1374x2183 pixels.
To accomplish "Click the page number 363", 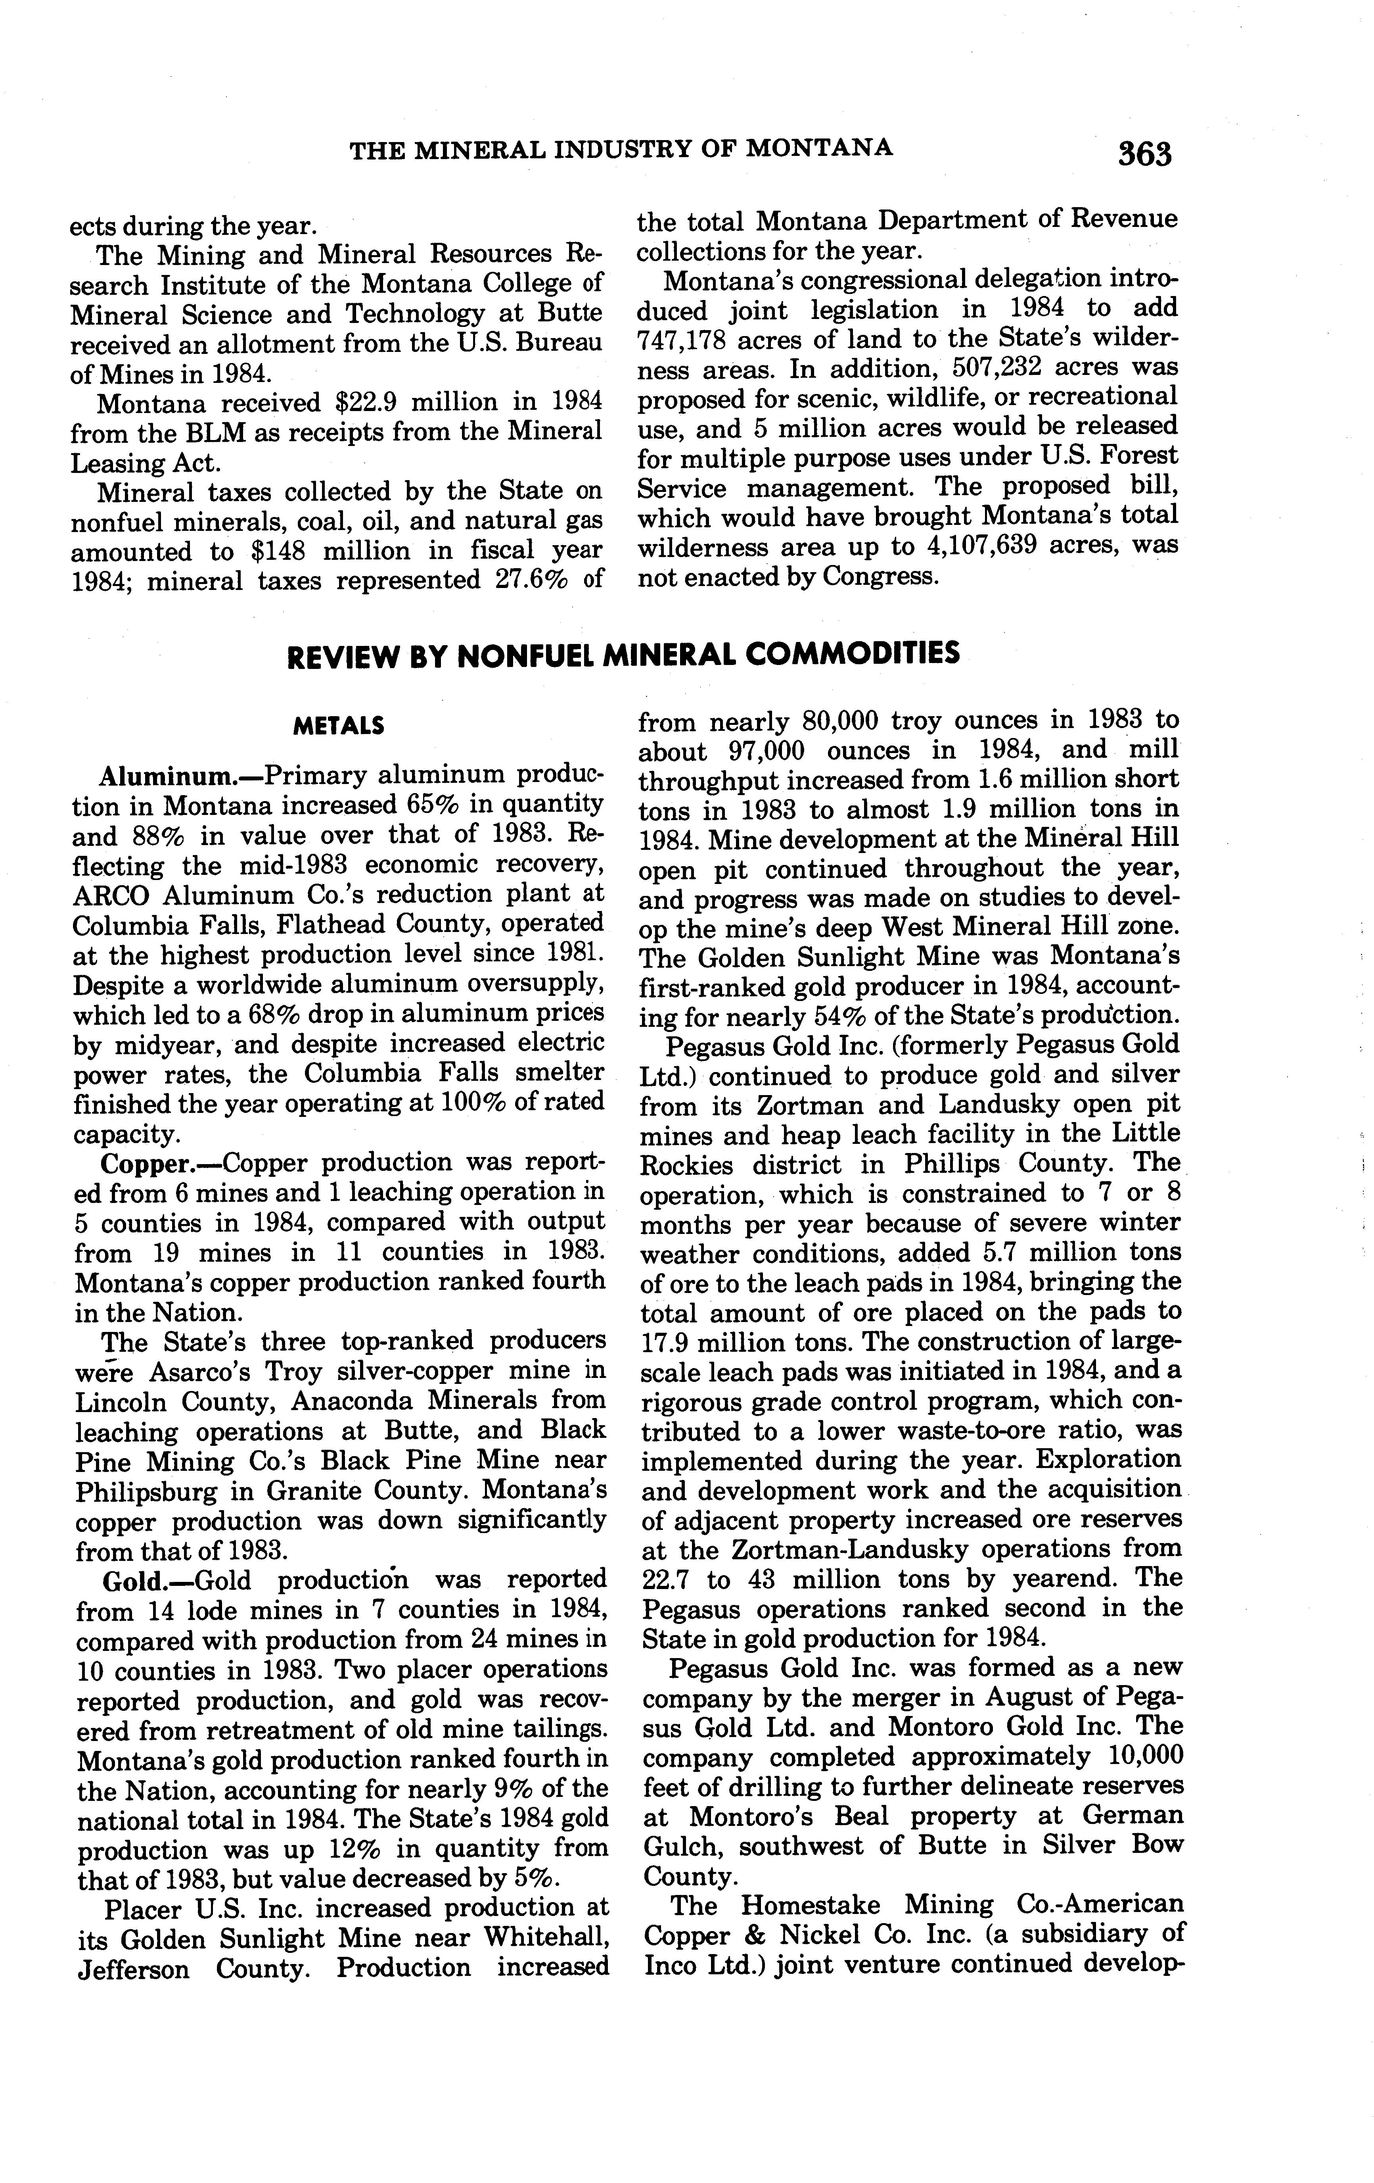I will coord(1144,154).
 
